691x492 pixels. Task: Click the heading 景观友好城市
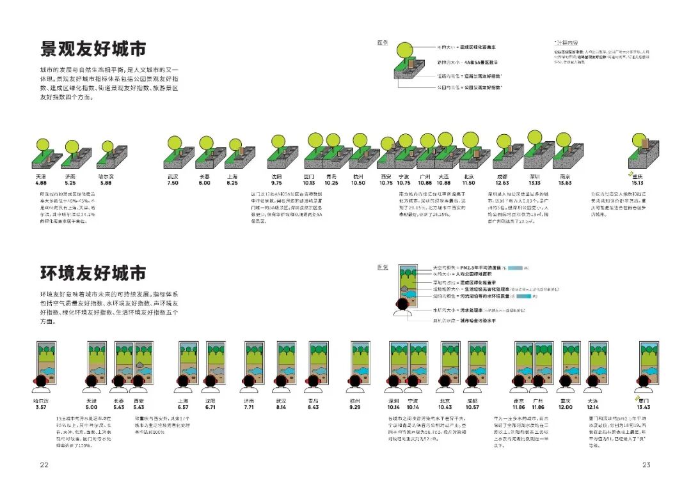(93, 49)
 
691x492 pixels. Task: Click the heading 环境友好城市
(93, 274)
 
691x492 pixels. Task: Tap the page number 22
(44, 465)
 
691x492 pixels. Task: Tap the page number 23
(646, 465)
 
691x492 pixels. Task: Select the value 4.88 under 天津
(41, 183)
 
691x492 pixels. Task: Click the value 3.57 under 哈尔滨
(41, 407)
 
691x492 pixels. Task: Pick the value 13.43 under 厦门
(644, 407)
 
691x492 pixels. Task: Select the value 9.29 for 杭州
(354, 407)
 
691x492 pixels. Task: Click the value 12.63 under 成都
(502, 183)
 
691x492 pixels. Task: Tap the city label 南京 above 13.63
(564, 176)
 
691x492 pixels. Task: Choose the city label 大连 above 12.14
(592, 401)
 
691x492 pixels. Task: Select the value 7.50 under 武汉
(173, 183)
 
